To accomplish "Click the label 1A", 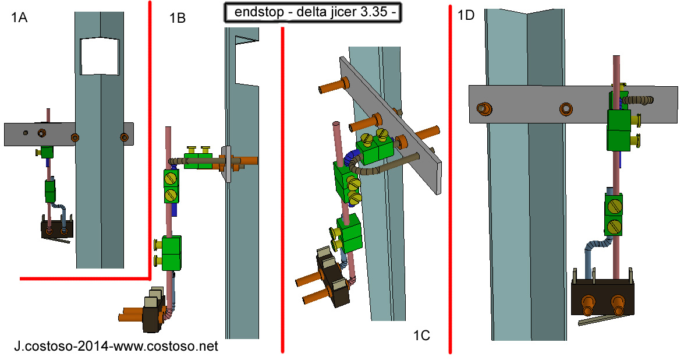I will [19, 18].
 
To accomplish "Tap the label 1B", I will [178, 19].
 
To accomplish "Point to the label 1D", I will [466, 16].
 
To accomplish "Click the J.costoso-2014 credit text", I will [116, 347].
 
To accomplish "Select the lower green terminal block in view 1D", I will [614, 214].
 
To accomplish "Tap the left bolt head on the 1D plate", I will [483, 108].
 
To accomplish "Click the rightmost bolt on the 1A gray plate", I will [123, 137].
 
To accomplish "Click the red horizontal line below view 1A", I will [84, 278].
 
